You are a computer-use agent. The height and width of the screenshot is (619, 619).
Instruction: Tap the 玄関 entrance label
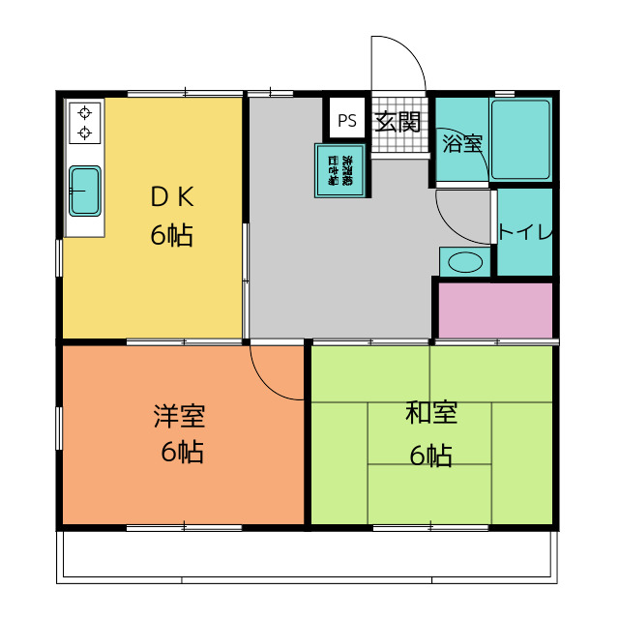[x=398, y=123]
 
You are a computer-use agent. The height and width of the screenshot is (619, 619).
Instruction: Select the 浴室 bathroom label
[x=461, y=144]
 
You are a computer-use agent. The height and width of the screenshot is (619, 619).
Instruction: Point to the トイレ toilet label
[x=525, y=232]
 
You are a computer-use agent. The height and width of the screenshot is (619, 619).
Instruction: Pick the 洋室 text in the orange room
[x=180, y=417]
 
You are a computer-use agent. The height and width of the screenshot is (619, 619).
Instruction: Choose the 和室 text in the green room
[x=431, y=413]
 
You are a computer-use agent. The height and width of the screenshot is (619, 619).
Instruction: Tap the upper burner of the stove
[x=85, y=111]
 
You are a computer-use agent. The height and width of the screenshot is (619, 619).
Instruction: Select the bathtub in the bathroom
[x=520, y=139]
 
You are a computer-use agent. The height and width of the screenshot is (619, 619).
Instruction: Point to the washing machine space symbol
[x=339, y=170]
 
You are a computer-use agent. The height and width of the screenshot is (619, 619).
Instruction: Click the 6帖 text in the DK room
[x=171, y=234]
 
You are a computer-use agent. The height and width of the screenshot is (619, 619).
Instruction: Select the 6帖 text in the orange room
[x=181, y=452]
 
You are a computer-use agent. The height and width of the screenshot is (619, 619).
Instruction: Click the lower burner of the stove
[x=85, y=133]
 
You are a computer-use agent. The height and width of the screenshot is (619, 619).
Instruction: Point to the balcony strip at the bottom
[x=308, y=557]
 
